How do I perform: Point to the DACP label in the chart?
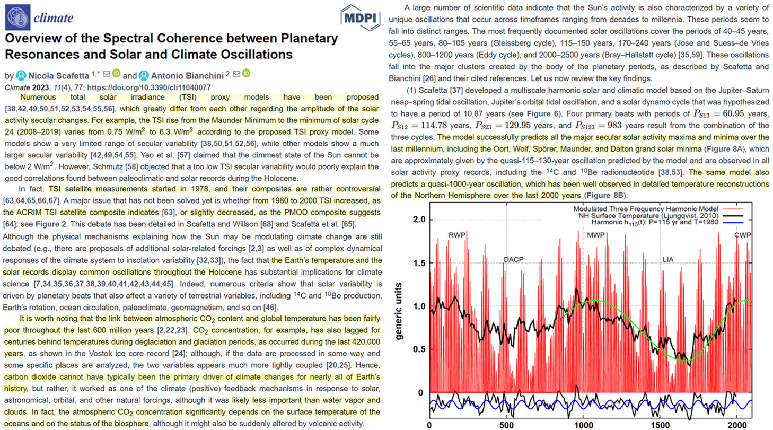(513, 259)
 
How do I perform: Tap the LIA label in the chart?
(668, 259)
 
